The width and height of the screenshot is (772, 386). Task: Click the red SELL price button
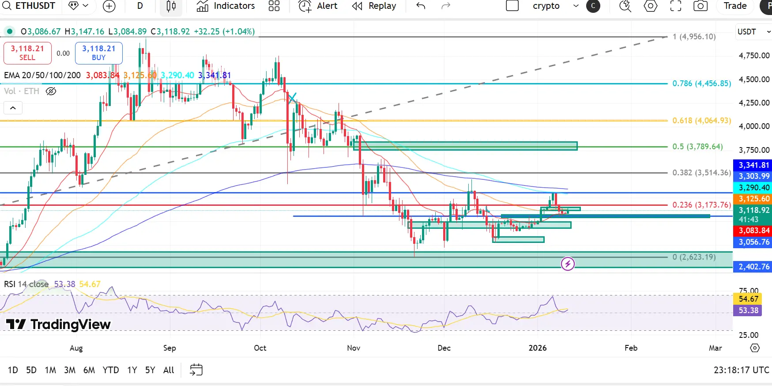[27, 53]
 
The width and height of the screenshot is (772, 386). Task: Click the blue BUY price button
[98, 53]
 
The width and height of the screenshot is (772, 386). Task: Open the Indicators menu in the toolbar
[226, 6]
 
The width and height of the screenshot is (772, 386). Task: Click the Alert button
[318, 6]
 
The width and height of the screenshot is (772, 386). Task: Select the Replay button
[374, 6]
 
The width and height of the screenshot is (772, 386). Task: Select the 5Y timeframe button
[150, 370]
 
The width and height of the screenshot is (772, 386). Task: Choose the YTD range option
[110, 370]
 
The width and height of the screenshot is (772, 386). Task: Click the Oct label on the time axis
[260, 348]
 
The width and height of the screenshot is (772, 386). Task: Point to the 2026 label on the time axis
[537, 348]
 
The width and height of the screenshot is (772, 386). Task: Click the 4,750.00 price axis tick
[754, 56]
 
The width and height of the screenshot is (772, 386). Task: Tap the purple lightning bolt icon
[568, 264]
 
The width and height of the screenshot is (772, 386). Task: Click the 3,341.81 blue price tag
[753, 165]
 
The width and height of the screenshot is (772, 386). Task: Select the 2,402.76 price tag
[753, 267]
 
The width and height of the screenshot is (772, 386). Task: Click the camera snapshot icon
[700, 6]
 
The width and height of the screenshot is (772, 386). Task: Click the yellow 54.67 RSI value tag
[748, 299]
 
